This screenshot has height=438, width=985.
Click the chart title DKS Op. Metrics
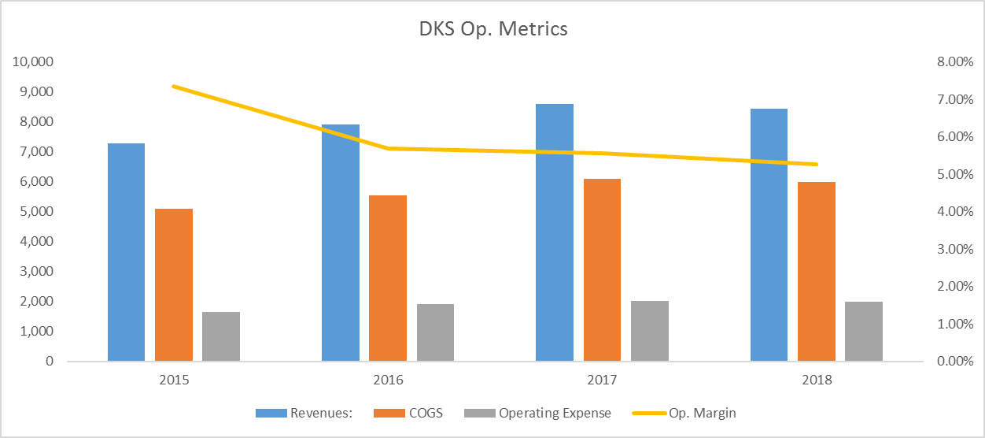pos(492,30)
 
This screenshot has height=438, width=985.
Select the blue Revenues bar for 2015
pos(126,252)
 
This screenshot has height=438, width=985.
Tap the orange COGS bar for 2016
pos(388,278)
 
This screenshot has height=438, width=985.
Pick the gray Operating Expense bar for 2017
pos(649,331)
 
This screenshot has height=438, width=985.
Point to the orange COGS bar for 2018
pos(816,272)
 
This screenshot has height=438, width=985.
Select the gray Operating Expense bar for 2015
pos(221,336)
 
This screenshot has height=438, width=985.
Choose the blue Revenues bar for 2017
pos(555,232)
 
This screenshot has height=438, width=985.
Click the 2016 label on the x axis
pos(388,380)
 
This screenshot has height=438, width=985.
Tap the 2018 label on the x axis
pos(816,380)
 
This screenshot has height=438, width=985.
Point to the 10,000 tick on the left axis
pos(32,62)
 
